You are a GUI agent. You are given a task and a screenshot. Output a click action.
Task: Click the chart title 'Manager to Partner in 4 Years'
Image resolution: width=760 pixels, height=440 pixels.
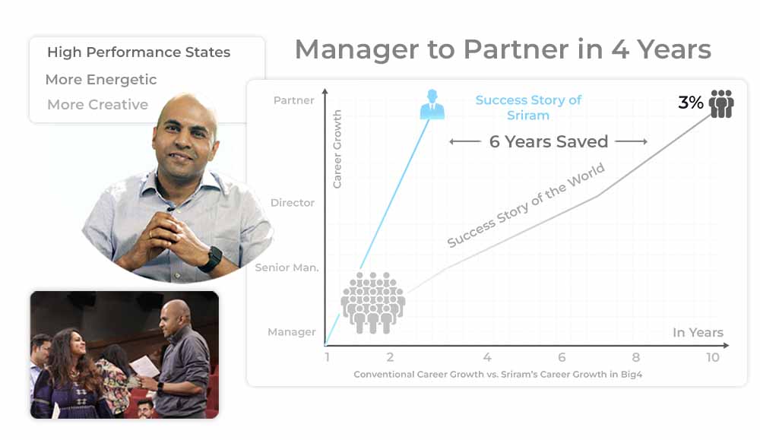[x=502, y=49]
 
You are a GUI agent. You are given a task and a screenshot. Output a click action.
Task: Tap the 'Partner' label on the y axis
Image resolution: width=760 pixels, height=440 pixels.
[x=293, y=100]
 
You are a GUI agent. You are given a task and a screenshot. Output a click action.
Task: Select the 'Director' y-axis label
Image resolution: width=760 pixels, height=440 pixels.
[x=293, y=203]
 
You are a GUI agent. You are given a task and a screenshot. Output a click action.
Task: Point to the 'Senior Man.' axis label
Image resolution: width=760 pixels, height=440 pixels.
[x=287, y=267]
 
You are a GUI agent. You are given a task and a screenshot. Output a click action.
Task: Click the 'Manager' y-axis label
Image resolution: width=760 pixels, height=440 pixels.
[x=291, y=332]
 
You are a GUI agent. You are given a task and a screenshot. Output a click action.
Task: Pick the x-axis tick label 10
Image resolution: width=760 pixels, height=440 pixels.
[x=712, y=358]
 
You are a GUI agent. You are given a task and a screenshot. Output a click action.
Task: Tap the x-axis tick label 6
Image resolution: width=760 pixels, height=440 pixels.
[x=562, y=358]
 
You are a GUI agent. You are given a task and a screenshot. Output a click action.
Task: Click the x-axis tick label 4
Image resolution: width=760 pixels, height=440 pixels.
[x=487, y=358]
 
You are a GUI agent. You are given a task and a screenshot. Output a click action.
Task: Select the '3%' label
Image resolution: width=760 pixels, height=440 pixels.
[x=690, y=103]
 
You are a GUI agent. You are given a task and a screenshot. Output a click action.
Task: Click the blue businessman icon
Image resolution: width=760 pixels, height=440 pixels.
[x=432, y=104]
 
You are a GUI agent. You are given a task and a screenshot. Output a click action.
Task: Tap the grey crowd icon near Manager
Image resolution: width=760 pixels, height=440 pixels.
[x=372, y=303]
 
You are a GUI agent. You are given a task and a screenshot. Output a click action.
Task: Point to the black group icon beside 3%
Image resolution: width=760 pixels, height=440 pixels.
[x=721, y=103]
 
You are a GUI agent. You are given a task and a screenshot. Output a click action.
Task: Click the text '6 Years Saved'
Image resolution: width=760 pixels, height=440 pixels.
[x=549, y=141]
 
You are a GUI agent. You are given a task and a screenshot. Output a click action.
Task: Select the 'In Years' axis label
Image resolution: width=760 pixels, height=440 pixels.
[x=698, y=332]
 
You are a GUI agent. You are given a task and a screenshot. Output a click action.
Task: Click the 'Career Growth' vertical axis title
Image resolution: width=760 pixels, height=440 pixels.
[x=337, y=149]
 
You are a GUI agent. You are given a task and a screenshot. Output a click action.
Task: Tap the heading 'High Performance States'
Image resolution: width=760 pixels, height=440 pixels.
[x=138, y=52]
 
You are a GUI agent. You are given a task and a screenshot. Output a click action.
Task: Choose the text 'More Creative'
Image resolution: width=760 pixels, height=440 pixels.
[x=97, y=105]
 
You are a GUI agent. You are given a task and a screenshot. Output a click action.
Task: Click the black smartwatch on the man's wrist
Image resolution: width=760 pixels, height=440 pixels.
[x=211, y=259]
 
